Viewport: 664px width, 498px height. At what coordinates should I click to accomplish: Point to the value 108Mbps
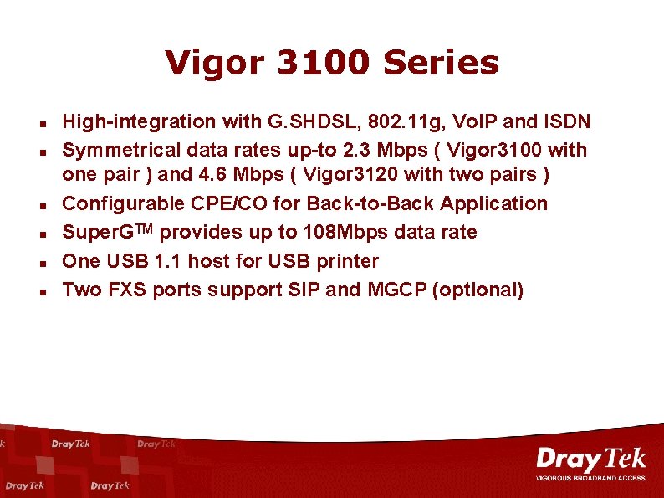[x=367, y=232]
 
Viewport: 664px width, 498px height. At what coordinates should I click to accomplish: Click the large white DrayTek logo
[x=590, y=459]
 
